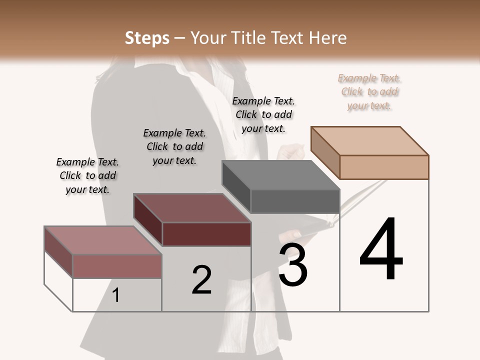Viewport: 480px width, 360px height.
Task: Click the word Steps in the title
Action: pos(147,38)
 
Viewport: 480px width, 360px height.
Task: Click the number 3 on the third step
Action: pos(293,265)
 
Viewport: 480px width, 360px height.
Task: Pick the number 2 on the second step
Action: pos(201,280)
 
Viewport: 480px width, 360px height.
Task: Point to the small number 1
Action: pos(115,295)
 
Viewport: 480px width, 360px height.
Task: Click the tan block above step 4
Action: pos(370,152)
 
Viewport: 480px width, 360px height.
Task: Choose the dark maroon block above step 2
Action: pos(192,220)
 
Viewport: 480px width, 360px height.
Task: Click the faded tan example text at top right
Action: pos(369,91)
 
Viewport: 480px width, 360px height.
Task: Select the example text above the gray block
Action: pos(263,114)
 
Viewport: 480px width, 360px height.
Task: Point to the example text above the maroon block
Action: pos(174,146)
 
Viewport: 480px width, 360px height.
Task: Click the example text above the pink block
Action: pos(87,175)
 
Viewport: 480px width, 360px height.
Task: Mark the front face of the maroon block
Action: pos(206,234)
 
